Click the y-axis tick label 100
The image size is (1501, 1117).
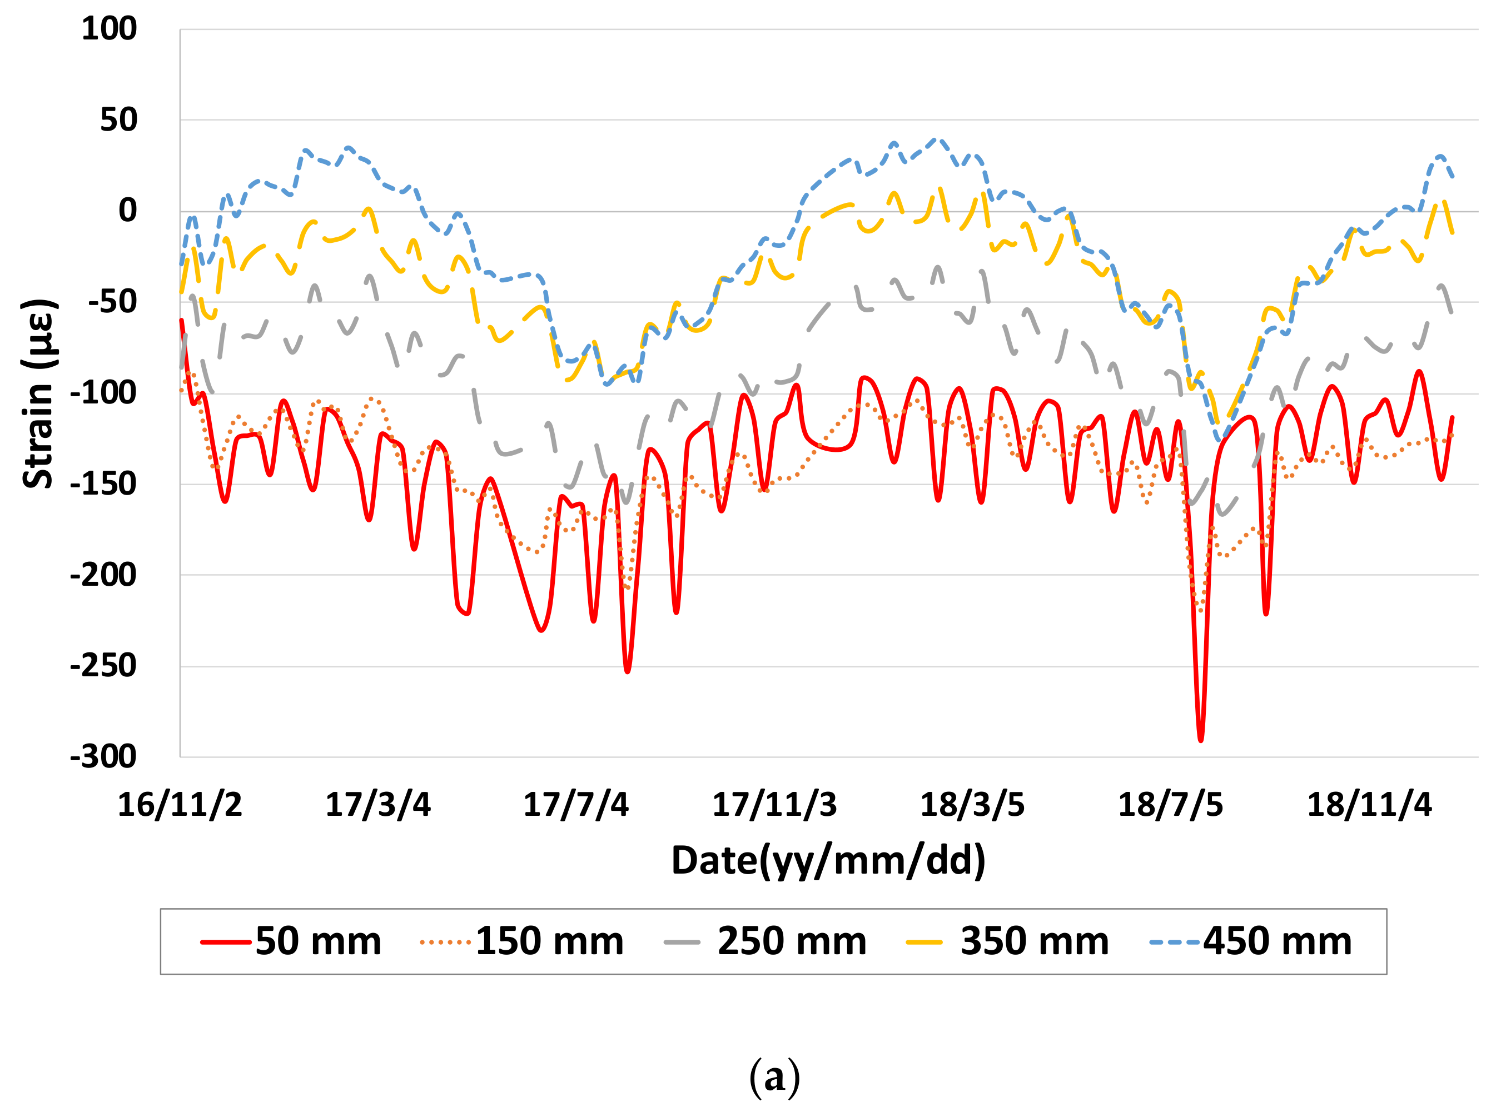pyautogui.click(x=109, y=29)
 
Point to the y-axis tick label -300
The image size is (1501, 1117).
pyautogui.click(x=103, y=756)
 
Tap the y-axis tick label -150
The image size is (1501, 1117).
pyautogui.click(x=103, y=484)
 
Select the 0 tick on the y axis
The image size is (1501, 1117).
pyautogui.click(x=127, y=211)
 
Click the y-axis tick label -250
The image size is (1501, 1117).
pyautogui.click(x=103, y=666)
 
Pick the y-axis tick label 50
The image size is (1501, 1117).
pyautogui.click(x=118, y=121)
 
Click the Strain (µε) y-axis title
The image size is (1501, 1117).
pyautogui.click(x=38, y=393)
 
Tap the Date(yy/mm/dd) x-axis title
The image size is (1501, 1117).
pyautogui.click(x=828, y=861)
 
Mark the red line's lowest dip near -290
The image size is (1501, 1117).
pyautogui.click(x=1201, y=740)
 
